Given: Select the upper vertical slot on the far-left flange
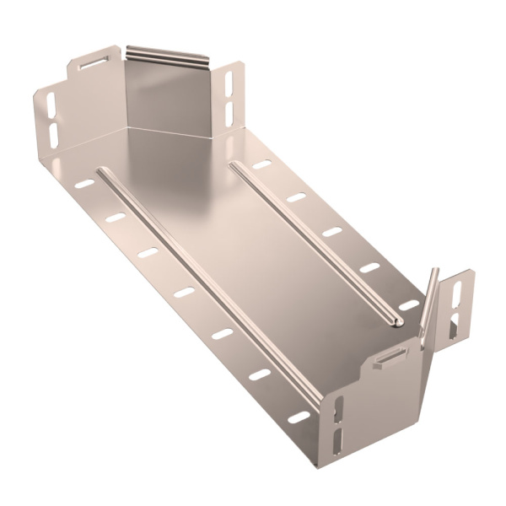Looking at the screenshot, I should pos(51,105).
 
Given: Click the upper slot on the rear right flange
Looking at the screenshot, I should pos(229,83).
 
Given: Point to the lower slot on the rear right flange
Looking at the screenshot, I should pos(229,109).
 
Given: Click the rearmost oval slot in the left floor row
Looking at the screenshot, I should pos(84,183).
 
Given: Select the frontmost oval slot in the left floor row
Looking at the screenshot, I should pos(298,417).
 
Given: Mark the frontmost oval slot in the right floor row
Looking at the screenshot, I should pos(408,305).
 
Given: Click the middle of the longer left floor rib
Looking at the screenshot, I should pos(207,287).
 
